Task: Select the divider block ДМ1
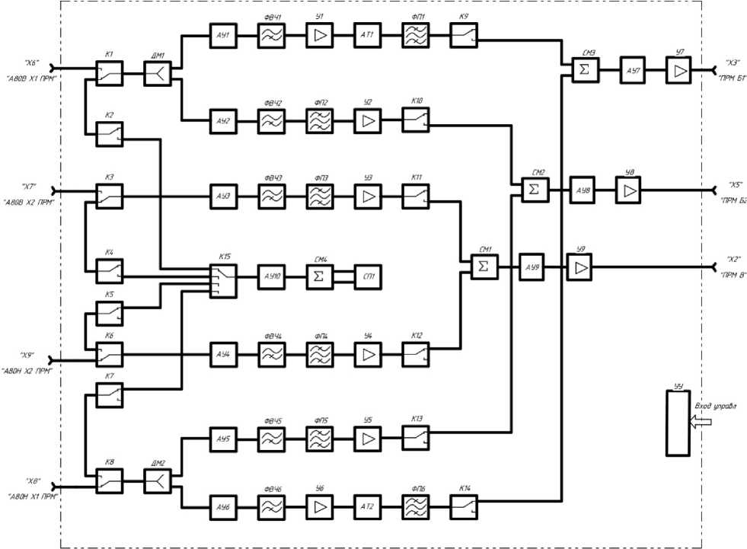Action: point(157,74)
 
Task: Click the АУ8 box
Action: point(583,189)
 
